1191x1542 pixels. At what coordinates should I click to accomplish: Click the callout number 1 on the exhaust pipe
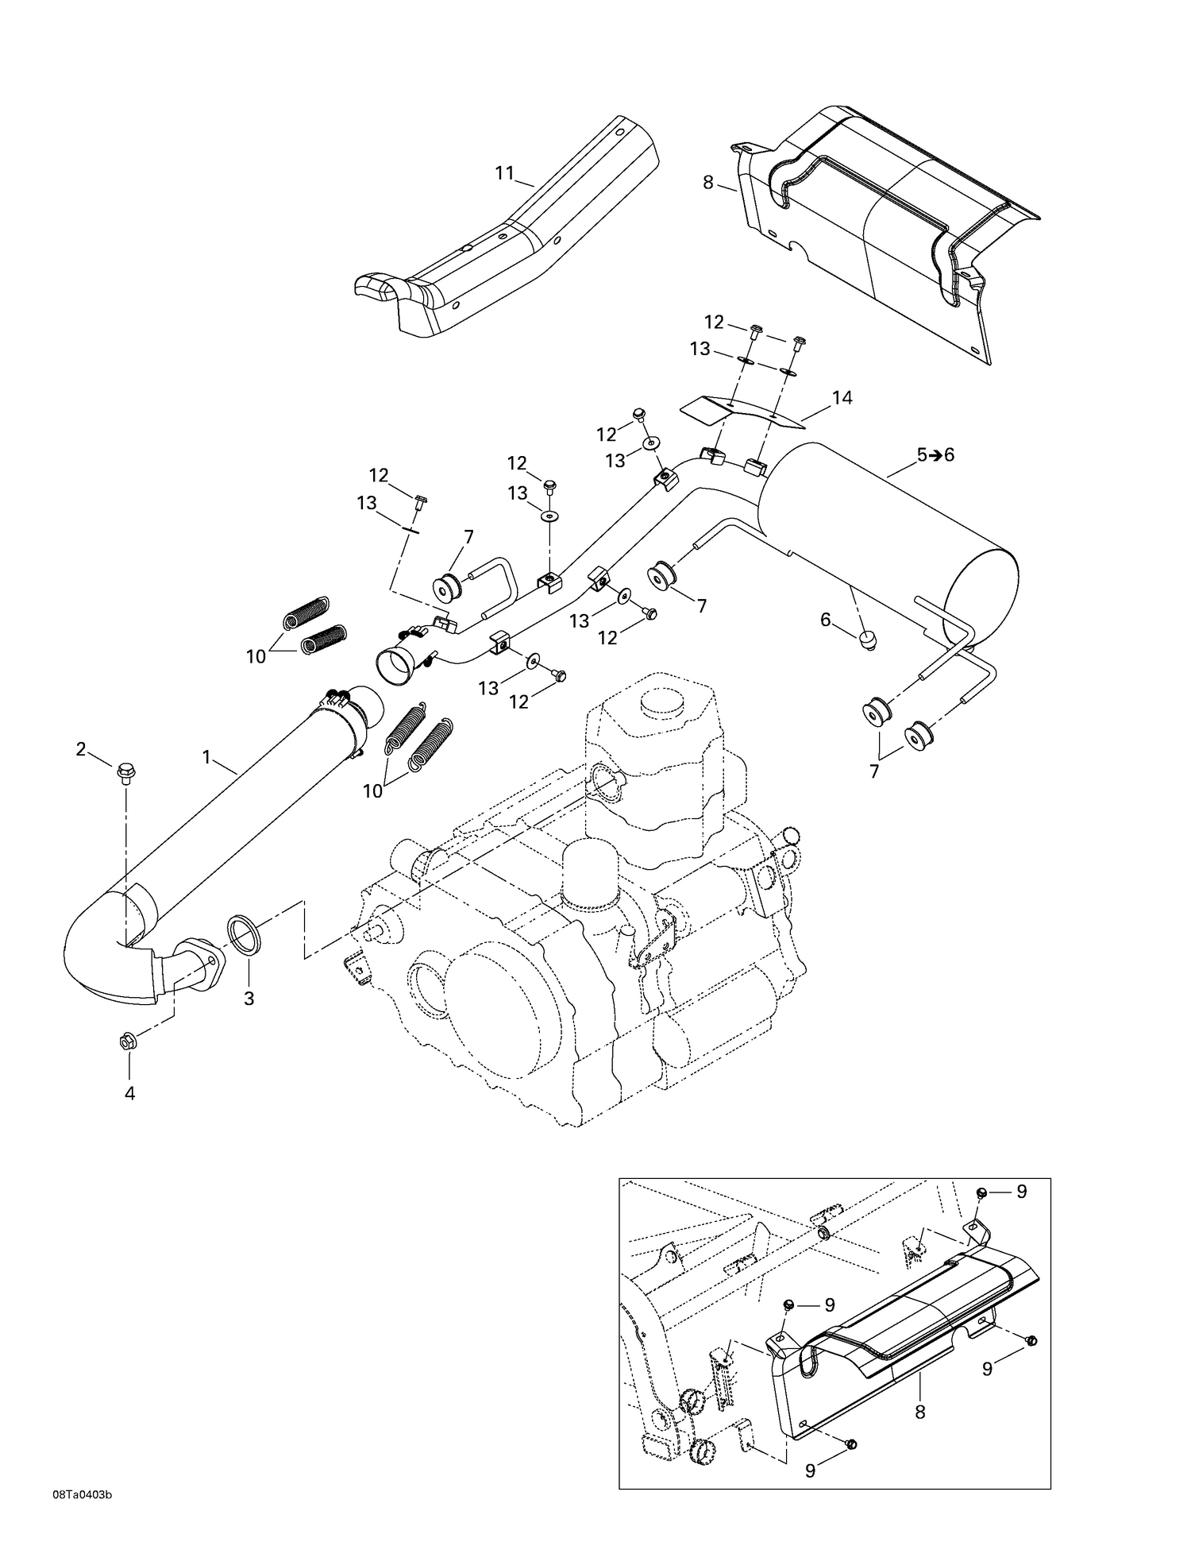pos(206,757)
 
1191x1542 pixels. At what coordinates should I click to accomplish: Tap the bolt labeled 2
pos(124,771)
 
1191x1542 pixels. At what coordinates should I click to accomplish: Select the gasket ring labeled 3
pos(245,934)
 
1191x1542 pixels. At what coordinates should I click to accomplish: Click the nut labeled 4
pos(129,1041)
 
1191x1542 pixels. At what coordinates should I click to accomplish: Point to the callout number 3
pos(249,999)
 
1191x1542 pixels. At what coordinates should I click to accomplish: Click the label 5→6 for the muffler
pos(935,455)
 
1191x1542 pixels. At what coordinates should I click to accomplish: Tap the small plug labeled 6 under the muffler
pos(867,637)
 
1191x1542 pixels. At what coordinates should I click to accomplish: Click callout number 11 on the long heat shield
pos(505,173)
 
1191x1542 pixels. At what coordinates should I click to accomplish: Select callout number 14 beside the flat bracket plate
pos(842,398)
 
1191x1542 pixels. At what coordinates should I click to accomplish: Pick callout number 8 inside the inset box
pos(919,1412)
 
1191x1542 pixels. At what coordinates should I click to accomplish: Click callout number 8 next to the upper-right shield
pos(708,183)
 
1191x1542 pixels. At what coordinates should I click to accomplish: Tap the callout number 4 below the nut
pos(129,1094)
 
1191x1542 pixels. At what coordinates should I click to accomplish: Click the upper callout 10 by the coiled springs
pos(256,657)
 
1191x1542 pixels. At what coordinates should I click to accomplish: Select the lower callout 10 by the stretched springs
pos(372,790)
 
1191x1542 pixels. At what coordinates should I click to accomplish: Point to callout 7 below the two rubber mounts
pos(874,771)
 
